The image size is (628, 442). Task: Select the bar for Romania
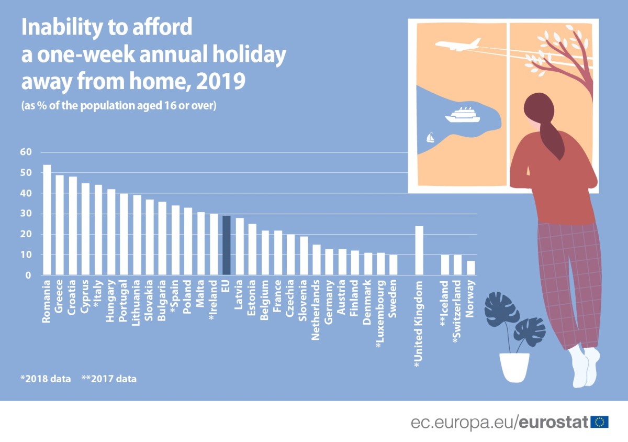click(x=47, y=219)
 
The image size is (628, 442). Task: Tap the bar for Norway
click(x=470, y=268)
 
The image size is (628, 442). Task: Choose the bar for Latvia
click(x=240, y=246)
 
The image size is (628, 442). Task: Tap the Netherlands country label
click(x=316, y=310)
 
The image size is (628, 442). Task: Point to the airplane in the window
click(x=458, y=45)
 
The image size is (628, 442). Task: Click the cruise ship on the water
click(x=462, y=115)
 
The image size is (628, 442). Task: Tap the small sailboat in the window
click(x=430, y=138)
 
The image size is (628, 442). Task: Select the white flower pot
click(x=514, y=367)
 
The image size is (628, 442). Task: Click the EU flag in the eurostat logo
click(x=600, y=422)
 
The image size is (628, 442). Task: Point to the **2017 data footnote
click(x=109, y=378)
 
